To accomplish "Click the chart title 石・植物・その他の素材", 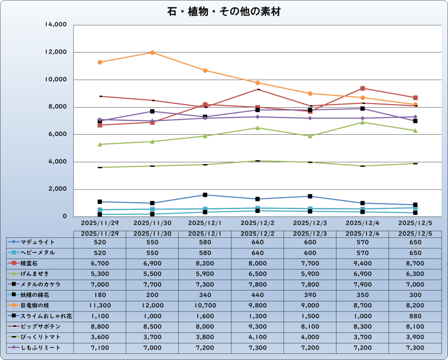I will click(x=224, y=12).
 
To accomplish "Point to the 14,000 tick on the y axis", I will click(x=56, y=25).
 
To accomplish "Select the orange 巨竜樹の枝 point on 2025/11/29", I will click(x=100, y=62).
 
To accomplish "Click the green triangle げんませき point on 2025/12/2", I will click(x=258, y=128).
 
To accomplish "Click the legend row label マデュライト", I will click(x=38, y=242).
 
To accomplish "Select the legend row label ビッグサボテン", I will click(x=40, y=326).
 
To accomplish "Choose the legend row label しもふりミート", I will click(x=40, y=347).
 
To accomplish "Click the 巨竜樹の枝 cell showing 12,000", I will click(x=152, y=305).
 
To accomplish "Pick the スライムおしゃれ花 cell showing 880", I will click(x=415, y=316).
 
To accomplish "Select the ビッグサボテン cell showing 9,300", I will click(x=258, y=326).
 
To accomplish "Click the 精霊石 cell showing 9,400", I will click(x=362, y=263).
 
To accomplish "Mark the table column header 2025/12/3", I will click(x=310, y=233).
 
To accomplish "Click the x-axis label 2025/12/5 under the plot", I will click(x=415, y=223).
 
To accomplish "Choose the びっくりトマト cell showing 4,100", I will click(x=258, y=337).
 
